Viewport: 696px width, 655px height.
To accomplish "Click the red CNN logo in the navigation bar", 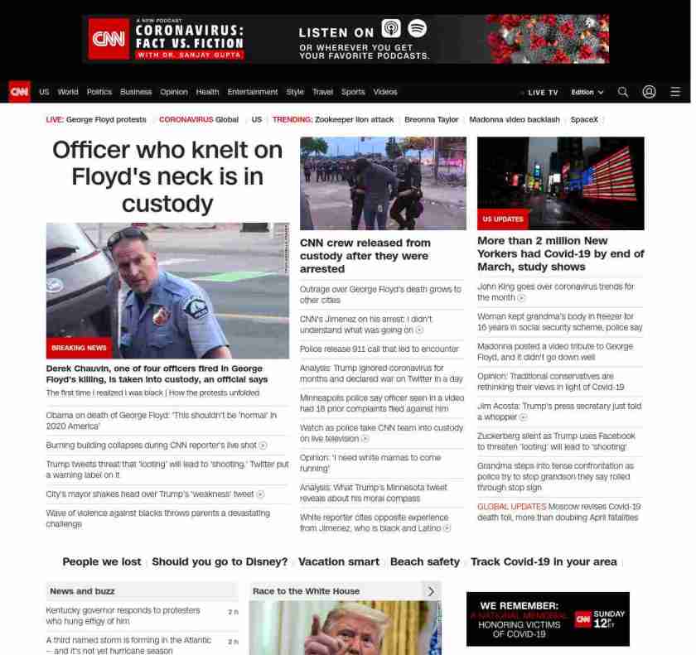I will point(19,92).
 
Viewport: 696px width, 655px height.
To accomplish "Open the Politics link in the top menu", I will point(99,92).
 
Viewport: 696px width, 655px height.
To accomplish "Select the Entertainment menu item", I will point(253,92).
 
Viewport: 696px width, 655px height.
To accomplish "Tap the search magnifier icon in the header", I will point(623,92).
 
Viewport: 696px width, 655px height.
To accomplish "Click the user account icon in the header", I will point(649,92).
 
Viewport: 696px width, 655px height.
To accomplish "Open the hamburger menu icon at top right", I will point(675,92).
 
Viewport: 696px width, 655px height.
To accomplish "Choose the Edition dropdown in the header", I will point(587,93).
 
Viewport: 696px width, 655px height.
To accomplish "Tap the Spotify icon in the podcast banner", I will point(417,29).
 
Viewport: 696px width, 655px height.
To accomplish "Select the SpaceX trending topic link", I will point(584,119).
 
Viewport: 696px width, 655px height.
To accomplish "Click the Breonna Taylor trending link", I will point(431,119).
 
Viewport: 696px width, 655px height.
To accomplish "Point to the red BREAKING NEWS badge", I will point(80,348).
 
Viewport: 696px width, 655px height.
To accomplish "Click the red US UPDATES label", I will point(504,219).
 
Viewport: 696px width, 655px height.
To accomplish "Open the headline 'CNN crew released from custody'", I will point(365,255).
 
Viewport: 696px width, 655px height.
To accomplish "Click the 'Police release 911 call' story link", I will point(379,349).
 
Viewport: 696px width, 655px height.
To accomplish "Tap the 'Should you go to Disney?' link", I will point(220,561).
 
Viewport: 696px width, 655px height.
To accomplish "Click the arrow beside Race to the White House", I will point(430,591).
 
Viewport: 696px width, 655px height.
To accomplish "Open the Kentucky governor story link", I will point(123,615).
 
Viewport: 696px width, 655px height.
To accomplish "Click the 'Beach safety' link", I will point(424,561).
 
